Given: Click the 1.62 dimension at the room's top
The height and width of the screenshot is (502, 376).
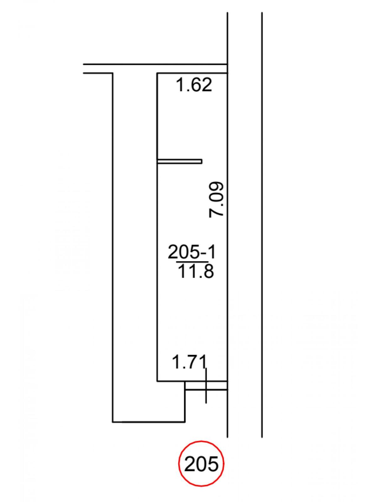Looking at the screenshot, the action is pos(194,85).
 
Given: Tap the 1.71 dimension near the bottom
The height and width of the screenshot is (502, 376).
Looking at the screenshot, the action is pos(189,361).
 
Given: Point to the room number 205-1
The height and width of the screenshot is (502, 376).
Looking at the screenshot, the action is pos(192,252).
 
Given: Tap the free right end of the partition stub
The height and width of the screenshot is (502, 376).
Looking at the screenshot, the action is pos(202,162).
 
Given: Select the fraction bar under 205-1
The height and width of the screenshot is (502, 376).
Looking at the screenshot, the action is pos(192,261).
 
